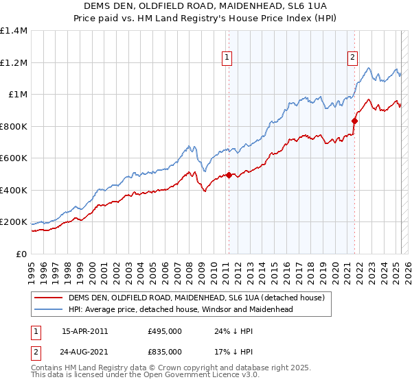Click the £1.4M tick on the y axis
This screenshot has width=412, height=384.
click(14, 31)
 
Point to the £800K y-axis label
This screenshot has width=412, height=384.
click(14, 126)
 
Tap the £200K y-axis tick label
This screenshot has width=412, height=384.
click(14, 222)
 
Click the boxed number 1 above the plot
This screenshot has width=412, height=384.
click(227, 58)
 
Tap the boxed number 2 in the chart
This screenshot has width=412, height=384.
click(352, 58)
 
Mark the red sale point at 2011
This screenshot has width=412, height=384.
click(229, 175)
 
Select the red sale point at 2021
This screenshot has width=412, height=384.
click(354, 121)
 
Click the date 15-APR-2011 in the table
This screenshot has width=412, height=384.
click(84, 331)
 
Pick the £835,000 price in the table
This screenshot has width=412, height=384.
click(165, 352)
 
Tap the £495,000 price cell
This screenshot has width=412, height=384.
click(165, 331)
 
